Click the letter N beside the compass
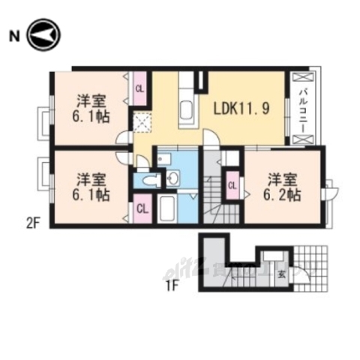pos(13,34)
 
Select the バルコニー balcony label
pos(301,109)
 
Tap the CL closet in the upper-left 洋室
pos(139,88)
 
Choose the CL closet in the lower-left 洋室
pos(141,207)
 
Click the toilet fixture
pos(149,180)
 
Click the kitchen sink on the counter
pos(187,112)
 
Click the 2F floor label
pos(32,222)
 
